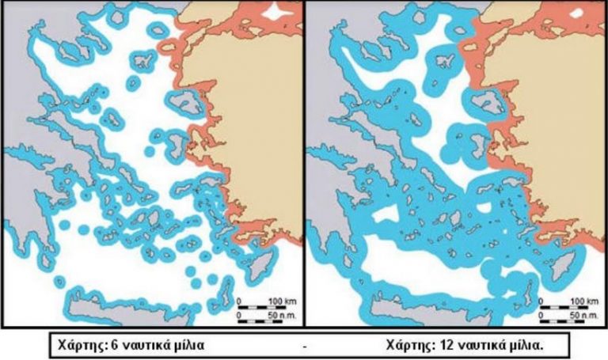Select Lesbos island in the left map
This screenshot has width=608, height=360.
(x=184, y=100)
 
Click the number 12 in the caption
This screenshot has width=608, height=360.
(x=435, y=344)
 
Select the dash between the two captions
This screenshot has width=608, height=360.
(x=305, y=346)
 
